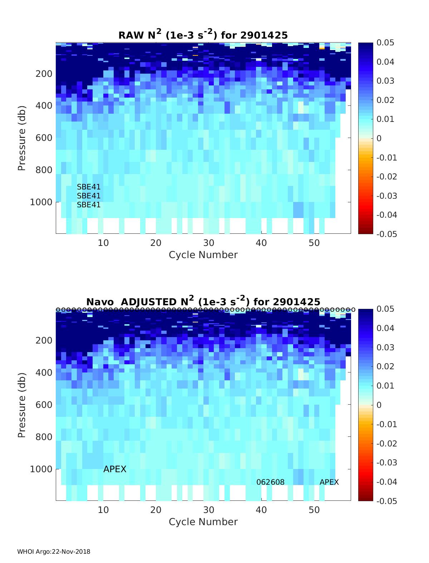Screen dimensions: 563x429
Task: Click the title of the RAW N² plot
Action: (203, 35)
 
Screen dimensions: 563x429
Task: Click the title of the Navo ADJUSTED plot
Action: (203, 301)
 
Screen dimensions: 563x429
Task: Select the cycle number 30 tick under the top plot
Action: (209, 243)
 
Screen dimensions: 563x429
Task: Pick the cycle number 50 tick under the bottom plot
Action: (314, 510)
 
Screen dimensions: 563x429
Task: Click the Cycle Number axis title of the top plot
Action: (203, 255)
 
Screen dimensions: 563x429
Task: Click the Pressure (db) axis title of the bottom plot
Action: (22, 405)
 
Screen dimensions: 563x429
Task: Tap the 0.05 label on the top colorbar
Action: (385, 43)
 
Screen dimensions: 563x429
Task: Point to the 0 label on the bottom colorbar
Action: (379, 405)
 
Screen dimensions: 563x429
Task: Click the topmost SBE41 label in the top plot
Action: (89, 187)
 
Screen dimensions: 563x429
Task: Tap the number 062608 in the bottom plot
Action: (270, 482)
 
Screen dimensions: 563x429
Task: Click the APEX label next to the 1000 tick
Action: (115, 469)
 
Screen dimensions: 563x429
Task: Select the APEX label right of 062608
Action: (329, 482)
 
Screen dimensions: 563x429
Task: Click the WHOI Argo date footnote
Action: (54, 552)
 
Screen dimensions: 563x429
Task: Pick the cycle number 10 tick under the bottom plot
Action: (103, 510)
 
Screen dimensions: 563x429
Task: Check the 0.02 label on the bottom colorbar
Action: (385, 366)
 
